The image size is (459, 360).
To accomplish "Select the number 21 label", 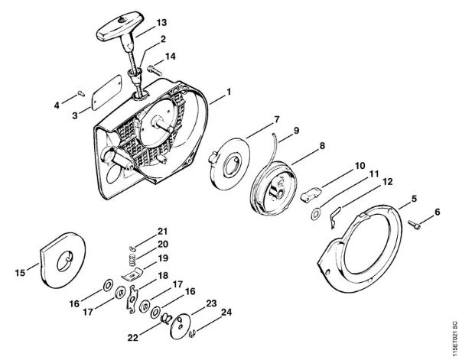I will (162, 232).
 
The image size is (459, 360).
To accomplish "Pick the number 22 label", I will (132, 338).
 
